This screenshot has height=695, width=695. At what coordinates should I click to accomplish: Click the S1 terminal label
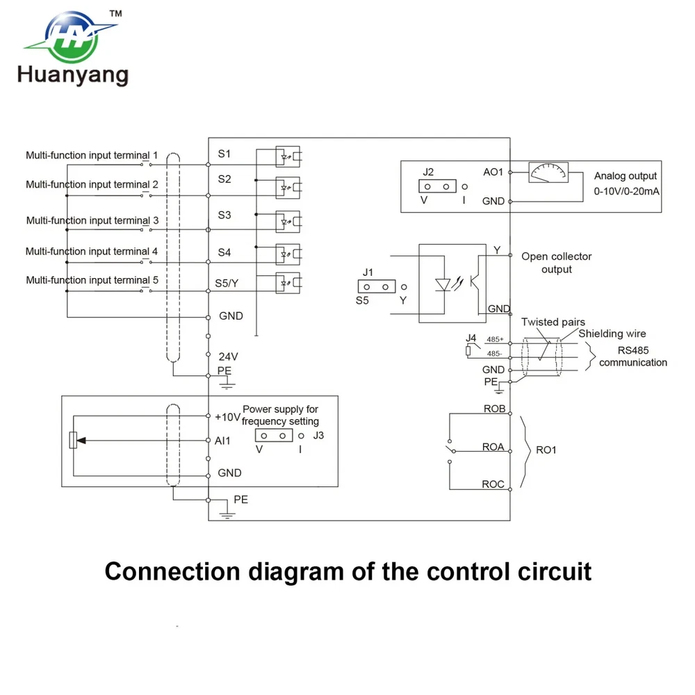224,153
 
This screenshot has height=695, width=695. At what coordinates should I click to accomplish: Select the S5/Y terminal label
228,283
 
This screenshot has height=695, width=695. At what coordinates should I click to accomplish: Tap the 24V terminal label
228,356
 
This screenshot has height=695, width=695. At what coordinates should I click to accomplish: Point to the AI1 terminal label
223,440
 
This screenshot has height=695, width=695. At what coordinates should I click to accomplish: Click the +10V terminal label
227,417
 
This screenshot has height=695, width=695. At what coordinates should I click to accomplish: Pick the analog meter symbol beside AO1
548,172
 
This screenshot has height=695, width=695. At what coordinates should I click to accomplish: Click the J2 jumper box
436,186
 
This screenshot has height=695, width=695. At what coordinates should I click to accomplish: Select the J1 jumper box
375,286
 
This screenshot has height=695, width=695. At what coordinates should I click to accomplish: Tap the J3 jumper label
318,436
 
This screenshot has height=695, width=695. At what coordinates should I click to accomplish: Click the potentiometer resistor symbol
73,440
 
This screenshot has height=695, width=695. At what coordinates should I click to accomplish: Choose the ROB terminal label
494,409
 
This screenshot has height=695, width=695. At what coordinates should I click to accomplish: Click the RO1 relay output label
546,450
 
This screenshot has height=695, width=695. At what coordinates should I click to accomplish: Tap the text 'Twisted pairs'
553,322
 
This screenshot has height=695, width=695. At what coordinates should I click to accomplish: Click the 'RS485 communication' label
632,357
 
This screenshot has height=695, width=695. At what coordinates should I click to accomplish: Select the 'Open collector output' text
557,263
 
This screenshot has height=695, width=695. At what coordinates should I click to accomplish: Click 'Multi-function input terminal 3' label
92,220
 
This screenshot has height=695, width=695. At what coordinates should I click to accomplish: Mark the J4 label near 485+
471,338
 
